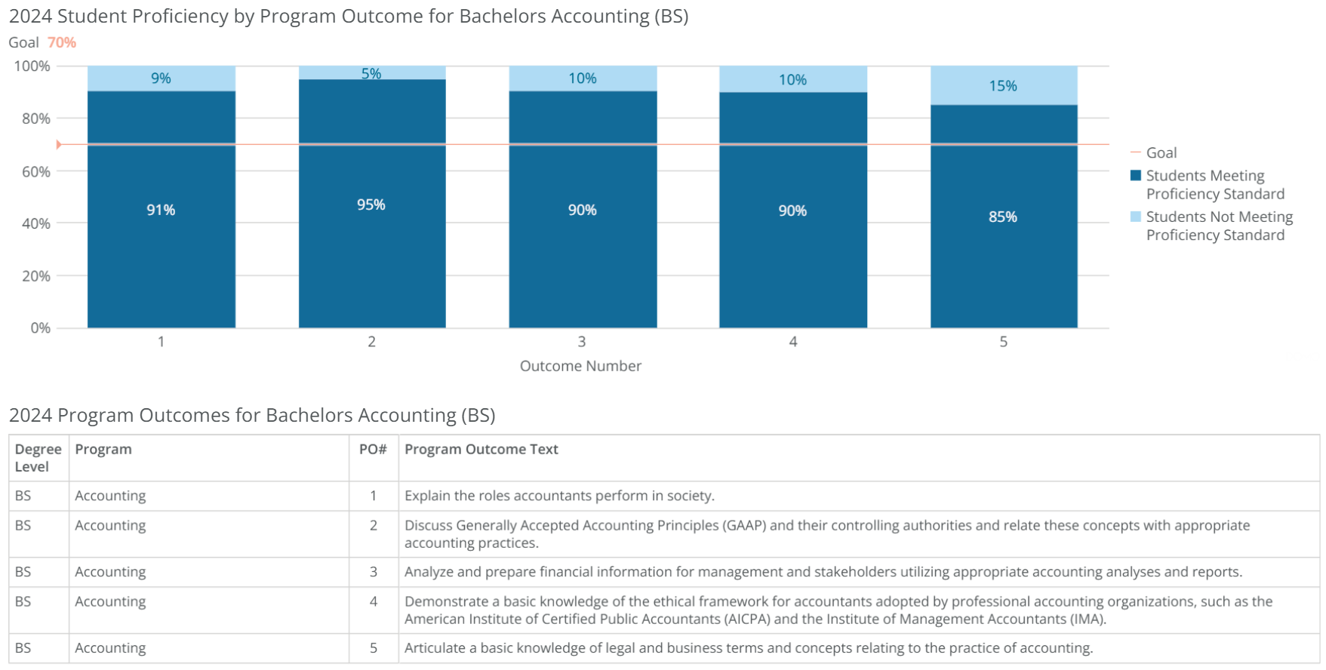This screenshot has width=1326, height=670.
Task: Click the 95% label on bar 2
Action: click(371, 204)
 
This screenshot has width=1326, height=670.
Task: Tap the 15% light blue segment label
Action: click(1002, 86)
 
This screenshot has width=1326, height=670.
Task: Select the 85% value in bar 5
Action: click(1002, 217)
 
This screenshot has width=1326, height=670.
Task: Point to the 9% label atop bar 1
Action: click(161, 78)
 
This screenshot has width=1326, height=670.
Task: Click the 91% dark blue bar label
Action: click(161, 210)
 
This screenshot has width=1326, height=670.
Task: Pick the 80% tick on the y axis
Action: click(36, 118)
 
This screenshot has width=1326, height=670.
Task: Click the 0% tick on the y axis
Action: click(40, 328)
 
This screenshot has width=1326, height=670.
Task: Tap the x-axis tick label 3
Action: click(581, 342)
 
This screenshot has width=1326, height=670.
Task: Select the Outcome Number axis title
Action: click(580, 366)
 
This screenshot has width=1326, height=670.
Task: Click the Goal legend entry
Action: click(1161, 153)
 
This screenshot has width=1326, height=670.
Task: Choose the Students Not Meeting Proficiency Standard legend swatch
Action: click(1135, 217)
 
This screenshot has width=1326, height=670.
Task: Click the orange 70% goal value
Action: click(62, 43)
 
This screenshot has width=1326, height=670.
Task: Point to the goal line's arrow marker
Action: click(59, 144)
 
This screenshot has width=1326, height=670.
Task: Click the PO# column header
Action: click(373, 450)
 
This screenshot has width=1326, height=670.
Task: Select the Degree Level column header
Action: click(38, 458)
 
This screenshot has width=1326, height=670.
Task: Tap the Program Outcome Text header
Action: click(481, 450)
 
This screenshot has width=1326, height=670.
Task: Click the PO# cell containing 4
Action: click(373, 601)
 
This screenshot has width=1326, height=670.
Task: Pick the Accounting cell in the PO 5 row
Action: click(110, 648)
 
